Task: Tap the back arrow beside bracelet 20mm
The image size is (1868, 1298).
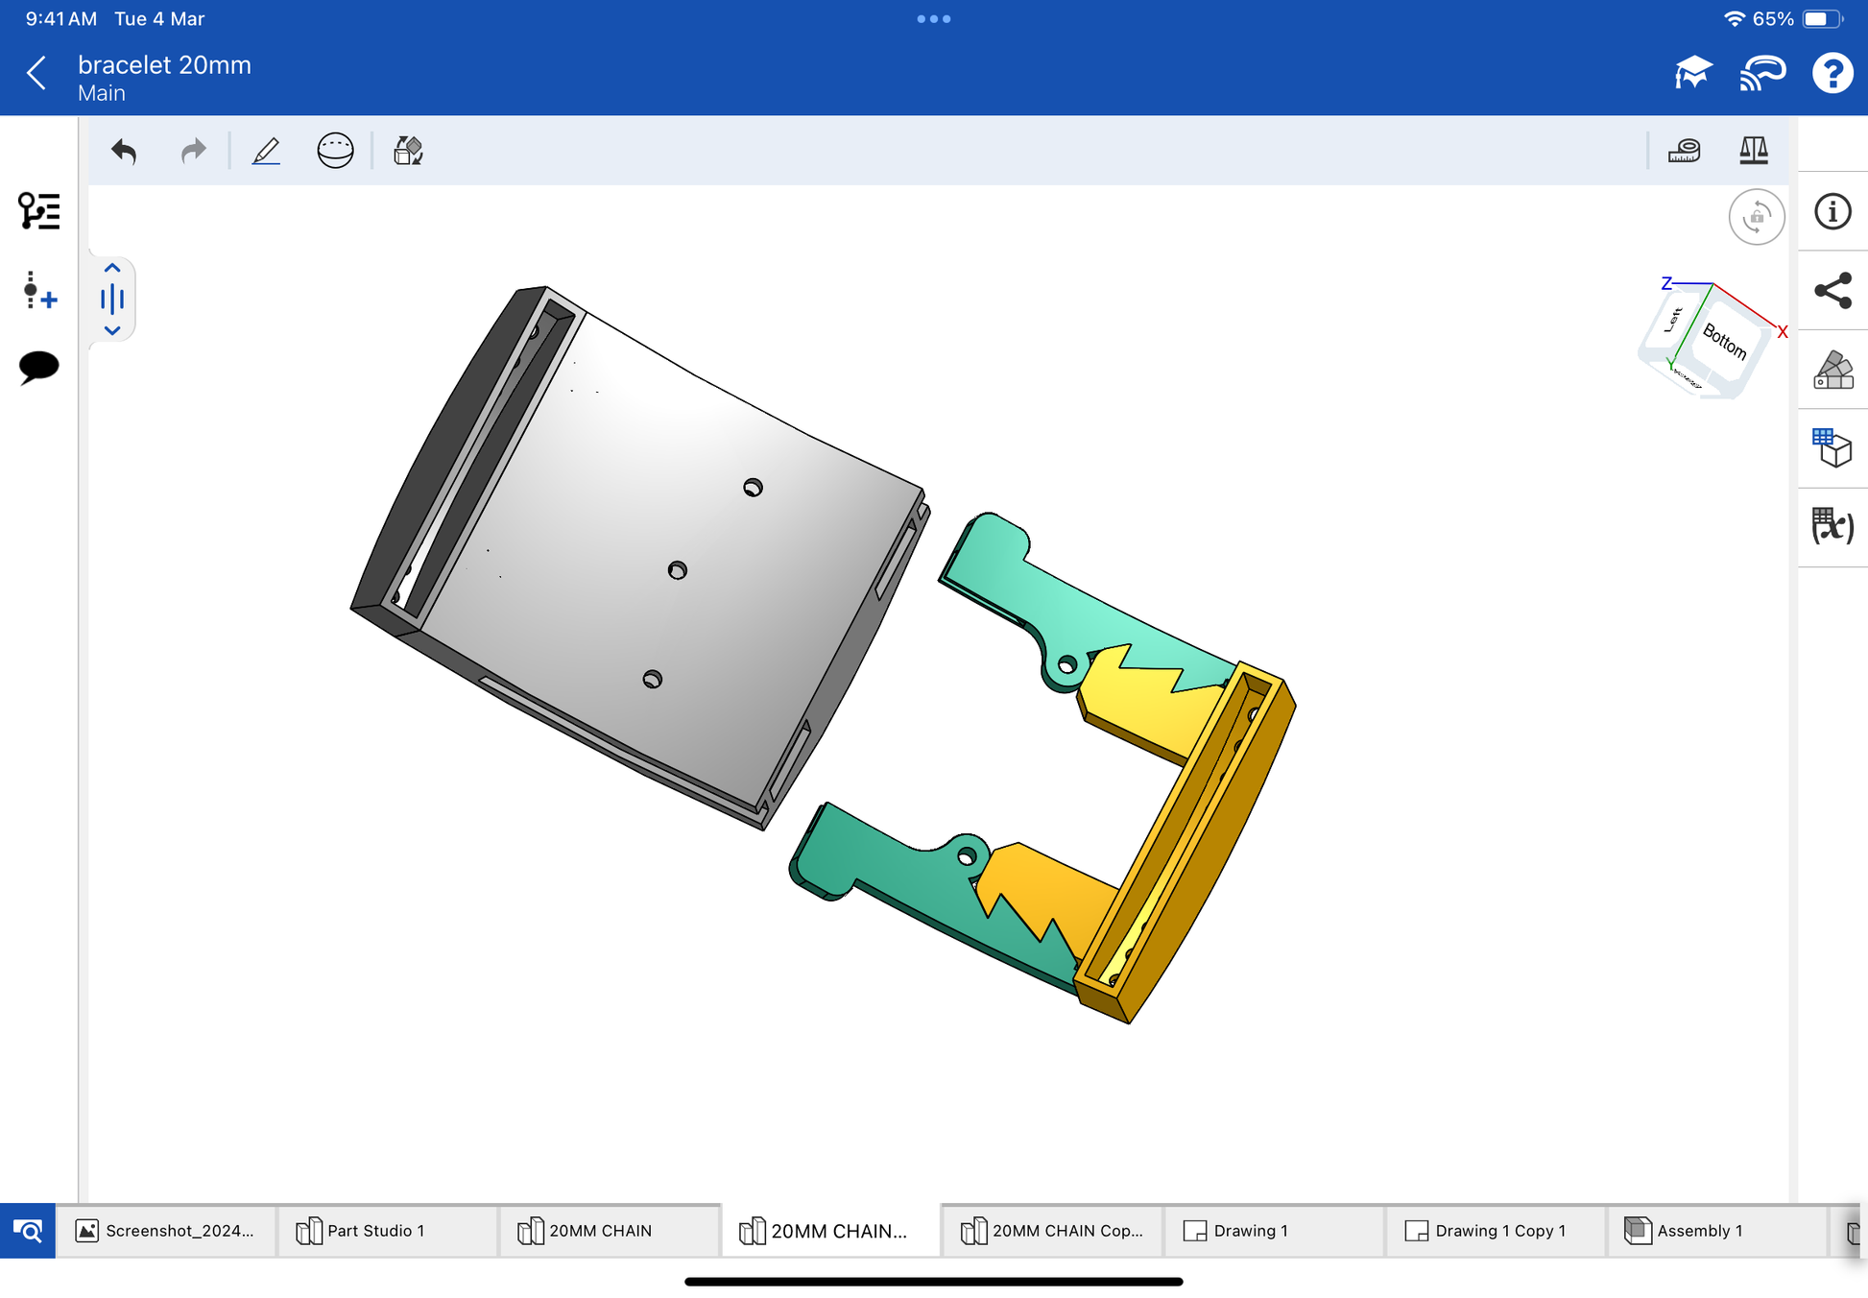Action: pos(36,73)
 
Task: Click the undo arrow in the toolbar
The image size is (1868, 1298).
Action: pos(124,151)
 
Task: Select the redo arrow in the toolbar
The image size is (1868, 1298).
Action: pos(194,151)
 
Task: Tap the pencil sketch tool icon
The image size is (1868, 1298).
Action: pos(266,151)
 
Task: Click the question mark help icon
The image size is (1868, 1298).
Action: pos(1832,73)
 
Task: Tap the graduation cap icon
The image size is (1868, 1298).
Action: pos(1693,73)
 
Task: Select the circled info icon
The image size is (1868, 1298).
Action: pos(1832,211)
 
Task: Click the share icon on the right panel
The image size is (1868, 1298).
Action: pos(1832,291)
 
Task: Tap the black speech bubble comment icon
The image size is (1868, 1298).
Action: pos(38,367)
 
